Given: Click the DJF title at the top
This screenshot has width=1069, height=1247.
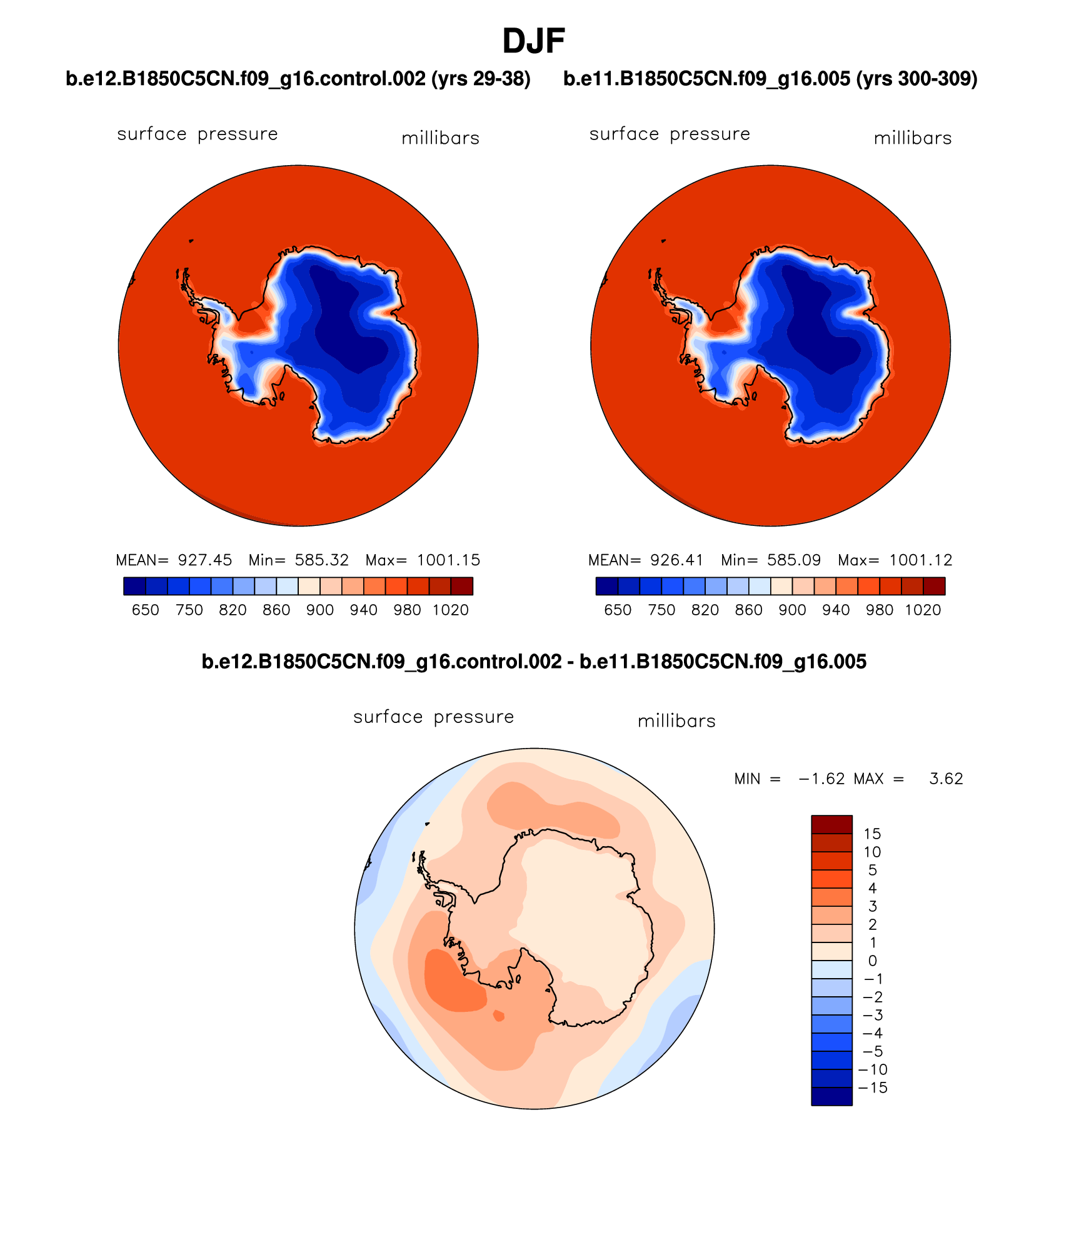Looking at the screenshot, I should point(533,41).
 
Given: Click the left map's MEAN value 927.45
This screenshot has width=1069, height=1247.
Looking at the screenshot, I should point(204,560).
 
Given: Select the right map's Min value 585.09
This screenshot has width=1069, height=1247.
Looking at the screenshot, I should point(793,560).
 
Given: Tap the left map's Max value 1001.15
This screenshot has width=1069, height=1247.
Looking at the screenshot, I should point(448,560).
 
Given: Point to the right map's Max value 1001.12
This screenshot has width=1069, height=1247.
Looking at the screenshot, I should point(920,560).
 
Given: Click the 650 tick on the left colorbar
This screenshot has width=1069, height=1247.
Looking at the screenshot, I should point(145,610).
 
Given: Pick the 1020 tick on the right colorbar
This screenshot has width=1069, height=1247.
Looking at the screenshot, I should point(922,610).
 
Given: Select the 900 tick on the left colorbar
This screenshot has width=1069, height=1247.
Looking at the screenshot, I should point(319,610).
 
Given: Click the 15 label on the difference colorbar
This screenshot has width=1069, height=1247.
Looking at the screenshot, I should point(872,834).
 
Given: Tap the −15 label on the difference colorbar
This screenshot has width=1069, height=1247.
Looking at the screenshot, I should point(873,1088).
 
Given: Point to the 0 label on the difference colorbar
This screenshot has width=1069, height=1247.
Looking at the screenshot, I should point(872,961).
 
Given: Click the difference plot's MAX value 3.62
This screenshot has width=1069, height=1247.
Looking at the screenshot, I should point(946,779).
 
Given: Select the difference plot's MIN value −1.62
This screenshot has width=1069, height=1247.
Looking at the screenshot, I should point(821,779).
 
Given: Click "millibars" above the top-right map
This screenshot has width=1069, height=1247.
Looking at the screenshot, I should point(912,138).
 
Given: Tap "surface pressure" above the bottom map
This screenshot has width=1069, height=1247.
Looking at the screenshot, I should point(433,717).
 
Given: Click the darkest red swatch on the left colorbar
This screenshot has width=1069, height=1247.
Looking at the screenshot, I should point(461,586).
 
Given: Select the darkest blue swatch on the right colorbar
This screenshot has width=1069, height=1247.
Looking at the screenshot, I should point(607,586).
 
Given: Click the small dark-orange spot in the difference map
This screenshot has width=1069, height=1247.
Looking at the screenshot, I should point(498,1015).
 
